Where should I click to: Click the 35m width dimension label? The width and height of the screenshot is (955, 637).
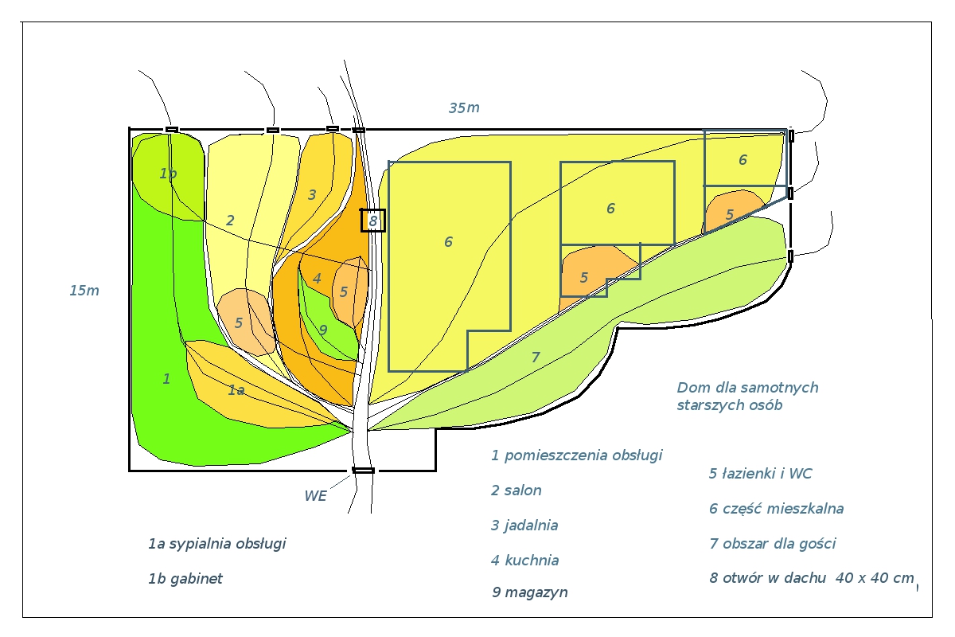coord(464,108)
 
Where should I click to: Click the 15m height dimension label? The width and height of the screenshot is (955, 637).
coord(84,291)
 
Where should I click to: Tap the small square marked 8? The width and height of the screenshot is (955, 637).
coord(373,221)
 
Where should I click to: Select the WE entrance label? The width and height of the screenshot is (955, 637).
coord(315,496)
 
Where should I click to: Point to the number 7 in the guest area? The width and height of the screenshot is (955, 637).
coord(536,357)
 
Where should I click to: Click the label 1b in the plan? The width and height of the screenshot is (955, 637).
coord(168,174)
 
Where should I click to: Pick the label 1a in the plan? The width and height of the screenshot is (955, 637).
coord(236,390)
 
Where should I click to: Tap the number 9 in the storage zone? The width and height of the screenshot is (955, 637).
coord(323,330)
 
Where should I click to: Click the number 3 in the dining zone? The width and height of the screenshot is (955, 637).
coord(312,195)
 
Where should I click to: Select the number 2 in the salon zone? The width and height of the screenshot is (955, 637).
coord(230,221)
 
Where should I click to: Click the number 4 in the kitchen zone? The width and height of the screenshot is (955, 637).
coord(317,279)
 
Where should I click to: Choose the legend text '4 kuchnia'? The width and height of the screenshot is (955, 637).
coord(524,561)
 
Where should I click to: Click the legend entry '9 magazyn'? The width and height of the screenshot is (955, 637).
coord(530,592)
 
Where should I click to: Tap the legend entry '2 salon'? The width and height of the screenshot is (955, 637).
coord(516,490)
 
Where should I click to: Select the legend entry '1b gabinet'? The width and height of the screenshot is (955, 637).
coord(185,579)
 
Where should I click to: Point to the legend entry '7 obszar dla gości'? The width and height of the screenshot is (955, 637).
coord(773,544)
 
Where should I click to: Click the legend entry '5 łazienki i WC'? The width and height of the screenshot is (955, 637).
coord(761,474)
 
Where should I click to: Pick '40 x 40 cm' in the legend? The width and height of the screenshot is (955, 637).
coord(875,578)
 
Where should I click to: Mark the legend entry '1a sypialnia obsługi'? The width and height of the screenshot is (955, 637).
coord(217,544)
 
